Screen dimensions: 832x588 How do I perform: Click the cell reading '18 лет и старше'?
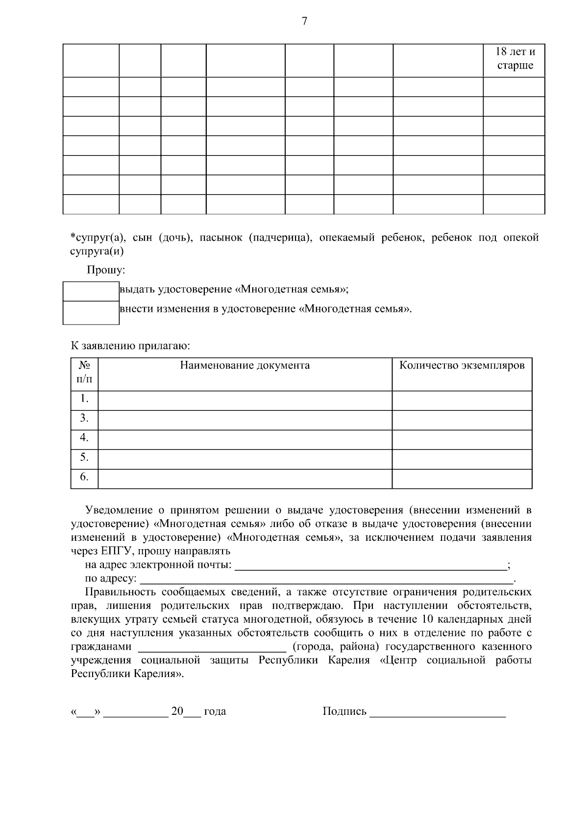514,59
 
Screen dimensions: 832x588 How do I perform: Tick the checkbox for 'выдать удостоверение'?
91,291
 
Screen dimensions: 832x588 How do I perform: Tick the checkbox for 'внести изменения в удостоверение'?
91,312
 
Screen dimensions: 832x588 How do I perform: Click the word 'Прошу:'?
106,270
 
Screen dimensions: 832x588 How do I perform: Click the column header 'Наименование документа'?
245,366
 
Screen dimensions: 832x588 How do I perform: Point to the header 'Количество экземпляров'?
462,366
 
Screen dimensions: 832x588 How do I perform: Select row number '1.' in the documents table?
84,399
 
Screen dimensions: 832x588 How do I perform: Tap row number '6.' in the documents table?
84,477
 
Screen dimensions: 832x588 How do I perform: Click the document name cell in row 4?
245,438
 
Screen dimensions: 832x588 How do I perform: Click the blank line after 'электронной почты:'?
371,565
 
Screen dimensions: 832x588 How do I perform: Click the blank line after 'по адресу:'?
326,579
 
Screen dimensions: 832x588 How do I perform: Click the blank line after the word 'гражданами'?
212,647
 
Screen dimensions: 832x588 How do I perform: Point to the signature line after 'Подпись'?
437,712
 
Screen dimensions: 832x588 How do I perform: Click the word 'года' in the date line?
215,711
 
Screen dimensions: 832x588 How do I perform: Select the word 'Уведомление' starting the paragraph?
116,510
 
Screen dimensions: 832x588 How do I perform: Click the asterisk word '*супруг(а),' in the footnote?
98,238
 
